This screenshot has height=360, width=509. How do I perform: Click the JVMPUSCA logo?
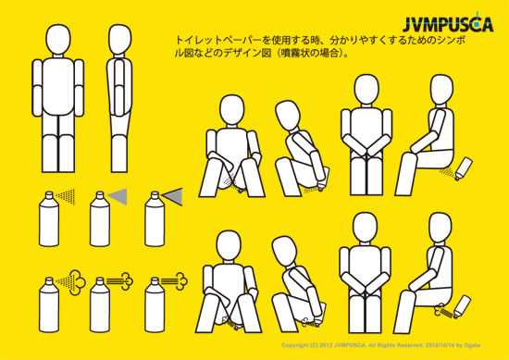[x=448, y=24]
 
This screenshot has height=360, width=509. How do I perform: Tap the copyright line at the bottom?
[x=380, y=345]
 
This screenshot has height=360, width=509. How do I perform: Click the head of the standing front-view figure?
[x=58, y=39]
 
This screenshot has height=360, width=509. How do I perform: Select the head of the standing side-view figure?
[x=119, y=39]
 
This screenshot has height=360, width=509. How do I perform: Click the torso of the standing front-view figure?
[x=58, y=86]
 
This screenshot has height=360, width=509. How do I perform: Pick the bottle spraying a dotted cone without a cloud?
[x=49, y=218]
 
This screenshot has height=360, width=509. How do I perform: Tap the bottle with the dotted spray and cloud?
[x=49, y=304]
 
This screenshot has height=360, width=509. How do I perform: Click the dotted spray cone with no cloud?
[x=67, y=196]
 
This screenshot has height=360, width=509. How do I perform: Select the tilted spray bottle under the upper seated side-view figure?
[x=464, y=168]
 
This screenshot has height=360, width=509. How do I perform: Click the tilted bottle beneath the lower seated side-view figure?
[x=462, y=306]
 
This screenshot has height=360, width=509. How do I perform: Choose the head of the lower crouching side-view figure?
[x=285, y=251]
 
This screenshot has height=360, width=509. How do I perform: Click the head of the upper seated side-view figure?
[x=441, y=90]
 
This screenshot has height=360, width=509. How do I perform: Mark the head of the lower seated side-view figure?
[x=441, y=228]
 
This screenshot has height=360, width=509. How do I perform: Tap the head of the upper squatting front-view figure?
[x=231, y=110]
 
